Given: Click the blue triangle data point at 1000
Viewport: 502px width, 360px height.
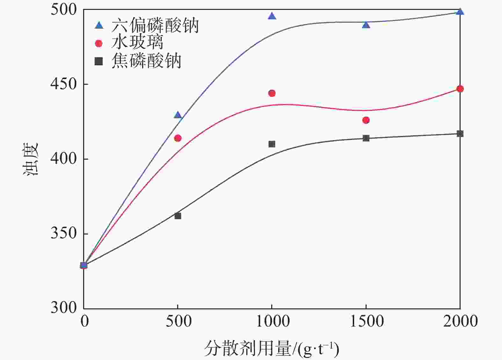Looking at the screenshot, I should pos(272,16).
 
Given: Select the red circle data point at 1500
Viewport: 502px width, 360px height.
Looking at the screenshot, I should pos(366,120).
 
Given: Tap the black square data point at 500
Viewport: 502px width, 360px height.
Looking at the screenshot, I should pos(178,216).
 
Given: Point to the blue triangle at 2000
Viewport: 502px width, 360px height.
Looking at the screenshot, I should pos(460,12).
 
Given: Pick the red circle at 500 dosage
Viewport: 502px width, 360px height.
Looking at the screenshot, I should pos(178,138).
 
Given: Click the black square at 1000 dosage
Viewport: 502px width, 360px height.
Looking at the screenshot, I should pos(272,144).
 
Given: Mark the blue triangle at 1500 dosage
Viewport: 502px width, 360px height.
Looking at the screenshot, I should pos(366,25).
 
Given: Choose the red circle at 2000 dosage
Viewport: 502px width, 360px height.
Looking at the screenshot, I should pos(460,89).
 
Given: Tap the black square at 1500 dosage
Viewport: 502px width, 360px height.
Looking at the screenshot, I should pos(366,138).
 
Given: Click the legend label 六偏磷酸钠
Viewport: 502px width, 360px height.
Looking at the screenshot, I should pos(155,25).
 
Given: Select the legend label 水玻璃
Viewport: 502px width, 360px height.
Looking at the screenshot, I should pos(137,43).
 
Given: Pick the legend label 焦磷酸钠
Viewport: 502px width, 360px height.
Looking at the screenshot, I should pos(146,61).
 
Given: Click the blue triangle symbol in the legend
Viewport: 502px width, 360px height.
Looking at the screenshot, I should pos(99,25).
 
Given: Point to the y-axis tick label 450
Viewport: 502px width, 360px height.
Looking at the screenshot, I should pos(64,84).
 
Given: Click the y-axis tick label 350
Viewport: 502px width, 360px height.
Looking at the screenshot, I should pos(64,234).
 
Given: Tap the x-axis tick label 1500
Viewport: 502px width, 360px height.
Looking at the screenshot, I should pos(367,321).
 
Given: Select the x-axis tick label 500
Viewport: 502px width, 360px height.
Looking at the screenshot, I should pos(178,321).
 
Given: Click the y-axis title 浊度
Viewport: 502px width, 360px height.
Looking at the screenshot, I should pos(31,159).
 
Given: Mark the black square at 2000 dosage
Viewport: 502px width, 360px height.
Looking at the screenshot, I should pos(460,134).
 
